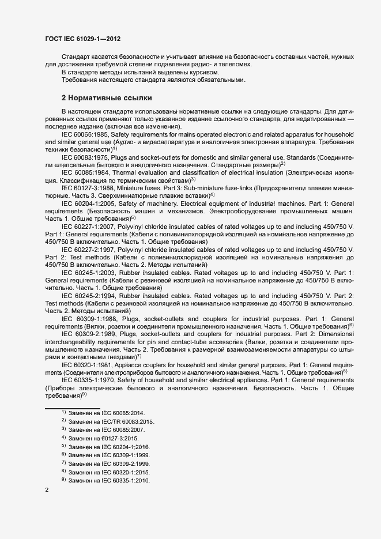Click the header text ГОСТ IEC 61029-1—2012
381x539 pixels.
tap(82, 39)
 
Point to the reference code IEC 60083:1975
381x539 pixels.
tap(84, 156)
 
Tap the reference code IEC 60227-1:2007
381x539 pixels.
tap(86, 226)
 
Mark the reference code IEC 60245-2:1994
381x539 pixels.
tap(86, 296)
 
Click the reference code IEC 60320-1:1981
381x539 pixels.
tap(86, 365)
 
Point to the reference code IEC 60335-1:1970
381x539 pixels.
tap(86, 382)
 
